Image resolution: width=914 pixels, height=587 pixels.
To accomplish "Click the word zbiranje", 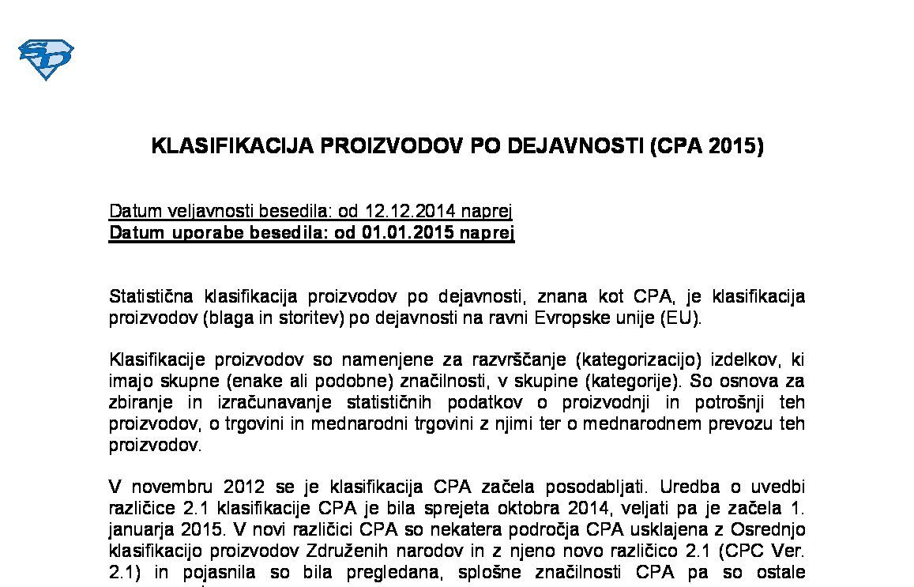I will (x=137, y=402).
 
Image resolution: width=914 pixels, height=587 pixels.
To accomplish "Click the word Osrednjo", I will (x=769, y=529).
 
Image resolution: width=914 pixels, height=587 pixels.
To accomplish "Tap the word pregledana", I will (x=392, y=571).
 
